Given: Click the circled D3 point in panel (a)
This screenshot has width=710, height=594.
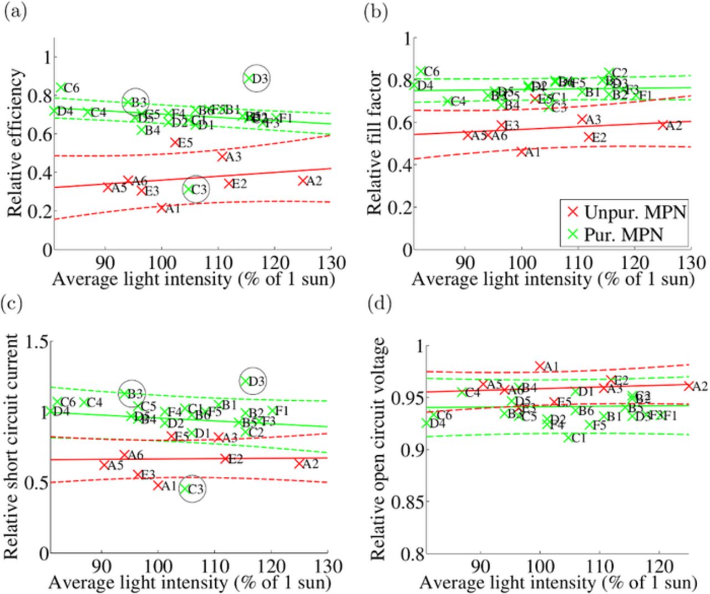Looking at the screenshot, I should (x=248, y=78).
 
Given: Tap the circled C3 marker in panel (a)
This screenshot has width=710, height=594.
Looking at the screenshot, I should (x=189, y=189).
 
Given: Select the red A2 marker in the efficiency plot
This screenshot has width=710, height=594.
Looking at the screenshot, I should (x=302, y=180).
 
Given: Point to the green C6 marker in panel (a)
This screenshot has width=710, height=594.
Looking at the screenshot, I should (x=60, y=88).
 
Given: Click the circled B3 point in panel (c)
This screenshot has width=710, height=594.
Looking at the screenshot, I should (x=123, y=393).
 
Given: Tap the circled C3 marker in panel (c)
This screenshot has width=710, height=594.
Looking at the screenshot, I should (x=184, y=489).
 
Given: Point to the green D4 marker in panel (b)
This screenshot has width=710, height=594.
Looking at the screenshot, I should (x=414, y=84).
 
